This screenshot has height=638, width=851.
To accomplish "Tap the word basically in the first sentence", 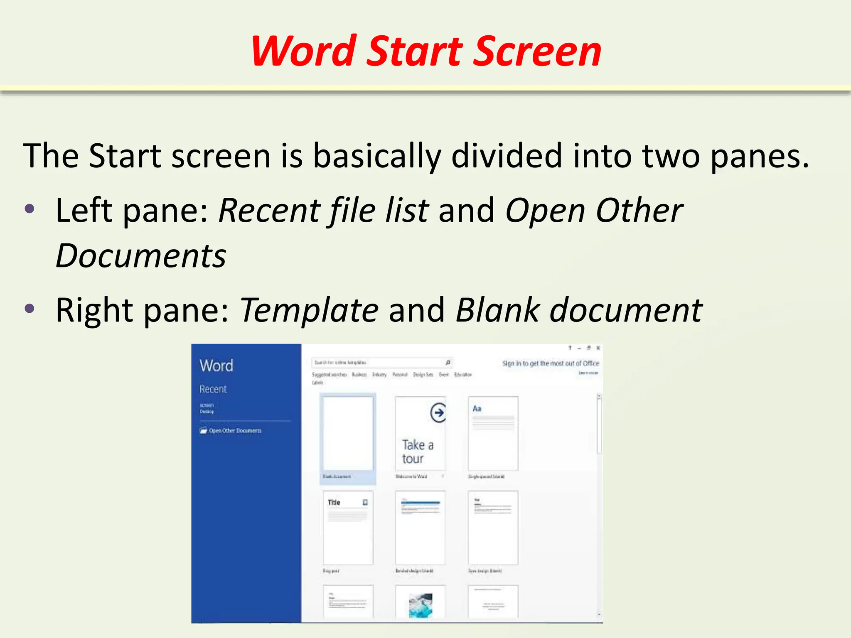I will click(376, 156).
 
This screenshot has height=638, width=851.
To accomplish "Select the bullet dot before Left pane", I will click(30, 209).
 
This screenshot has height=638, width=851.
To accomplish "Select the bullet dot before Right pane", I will click(30, 308).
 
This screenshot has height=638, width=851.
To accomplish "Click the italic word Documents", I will click(141, 256).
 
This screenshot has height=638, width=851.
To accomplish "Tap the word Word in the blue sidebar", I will click(216, 366).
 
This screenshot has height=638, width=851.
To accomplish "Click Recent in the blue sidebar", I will click(213, 389).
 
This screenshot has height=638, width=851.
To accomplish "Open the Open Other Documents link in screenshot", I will click(235, 431).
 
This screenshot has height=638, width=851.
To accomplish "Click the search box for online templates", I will click(378, 363).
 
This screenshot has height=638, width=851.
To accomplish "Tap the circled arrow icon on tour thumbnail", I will click(438, 412).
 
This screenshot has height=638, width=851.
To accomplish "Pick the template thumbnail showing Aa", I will click(493, 434).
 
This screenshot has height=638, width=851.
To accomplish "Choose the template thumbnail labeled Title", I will click(348, 528).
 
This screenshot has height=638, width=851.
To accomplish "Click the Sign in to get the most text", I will click(550, 363).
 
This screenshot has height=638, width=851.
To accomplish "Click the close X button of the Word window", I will click(598, 348).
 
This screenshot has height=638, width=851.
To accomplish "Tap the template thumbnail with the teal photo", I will click(420, 604).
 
